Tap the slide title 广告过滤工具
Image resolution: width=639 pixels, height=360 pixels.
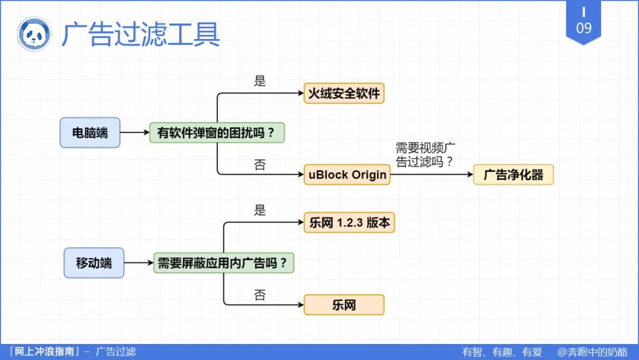tap(141, 34)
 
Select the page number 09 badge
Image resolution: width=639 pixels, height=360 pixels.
tap(583, 22)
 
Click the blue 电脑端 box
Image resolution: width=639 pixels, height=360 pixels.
tap(90, 132)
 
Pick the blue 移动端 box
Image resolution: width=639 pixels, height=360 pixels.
tap(93, 262)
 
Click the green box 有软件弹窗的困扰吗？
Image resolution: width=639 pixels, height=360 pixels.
tap(217, 132)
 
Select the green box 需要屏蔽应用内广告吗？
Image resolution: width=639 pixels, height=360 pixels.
tap(224, 262)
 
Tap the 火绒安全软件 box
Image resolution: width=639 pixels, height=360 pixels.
tap(344, 93)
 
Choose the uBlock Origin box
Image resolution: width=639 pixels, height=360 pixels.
tap(347, 175)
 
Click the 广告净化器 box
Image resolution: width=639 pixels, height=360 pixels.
tap(513, 175)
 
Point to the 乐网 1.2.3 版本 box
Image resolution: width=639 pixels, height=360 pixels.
tap(349, 223)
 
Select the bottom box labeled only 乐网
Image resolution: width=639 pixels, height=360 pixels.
tap(344, 304)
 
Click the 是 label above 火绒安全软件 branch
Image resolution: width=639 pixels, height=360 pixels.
tap(260, 81)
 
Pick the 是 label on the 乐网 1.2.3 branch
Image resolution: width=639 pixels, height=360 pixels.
tap(260, 210)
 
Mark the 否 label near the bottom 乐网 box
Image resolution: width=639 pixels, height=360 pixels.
tap(260, 295)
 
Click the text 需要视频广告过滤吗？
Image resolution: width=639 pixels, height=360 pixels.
tap(425, 155)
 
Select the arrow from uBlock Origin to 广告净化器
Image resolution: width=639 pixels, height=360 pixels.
tap(432, 175)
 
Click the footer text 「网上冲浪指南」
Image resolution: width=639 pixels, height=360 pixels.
tap(41, 352)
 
